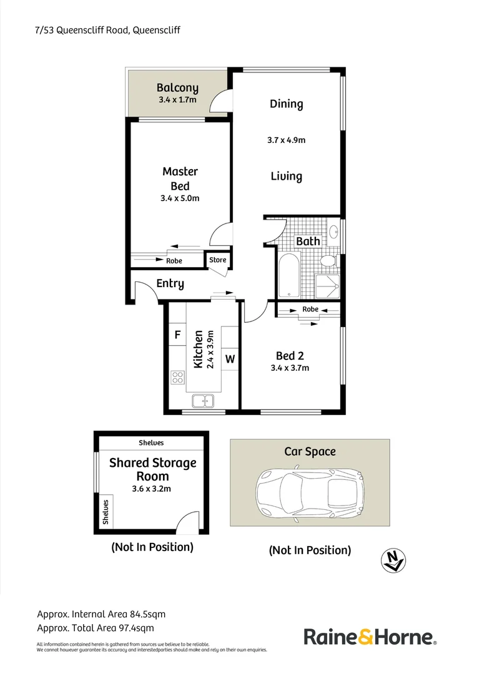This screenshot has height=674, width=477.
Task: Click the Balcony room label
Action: pyautogui.click(x=177, y=88)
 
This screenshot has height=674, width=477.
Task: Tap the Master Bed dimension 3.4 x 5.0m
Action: pyautogui.click(x=180, y=198)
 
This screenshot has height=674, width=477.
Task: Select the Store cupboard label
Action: pyautogui.click(x=217, y=260)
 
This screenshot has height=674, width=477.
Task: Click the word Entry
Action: pyautogui.click(x=170, y=284)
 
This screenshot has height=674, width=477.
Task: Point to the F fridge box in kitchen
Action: pyautogui.click(x=177, y=335)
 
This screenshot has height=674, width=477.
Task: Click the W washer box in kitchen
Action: pyautogui.click(x=230, y=359)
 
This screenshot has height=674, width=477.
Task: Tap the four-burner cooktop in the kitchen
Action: pyautogui.click(x=177, y=377)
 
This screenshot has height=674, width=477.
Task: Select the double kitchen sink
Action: pyautogui.click(x=204, y=401)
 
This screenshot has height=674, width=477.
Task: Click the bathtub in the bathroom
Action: pyautogui.click(x=288, y=276)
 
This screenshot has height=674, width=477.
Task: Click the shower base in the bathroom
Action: pyautogui.click(x=328, y=286)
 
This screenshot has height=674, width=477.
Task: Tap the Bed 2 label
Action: pyautogui.click(x=290, y=356)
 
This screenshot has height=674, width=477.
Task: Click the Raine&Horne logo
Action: pyautogui.click(x=370, y=637)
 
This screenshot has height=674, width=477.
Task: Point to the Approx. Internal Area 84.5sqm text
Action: pyautogui.click(x=101, y=614)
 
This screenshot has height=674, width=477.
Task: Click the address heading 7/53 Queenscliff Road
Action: pyautogui.click(x=108, y=30)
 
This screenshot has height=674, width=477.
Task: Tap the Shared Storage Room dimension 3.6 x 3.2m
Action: pyautogui.click(x=151, y=489)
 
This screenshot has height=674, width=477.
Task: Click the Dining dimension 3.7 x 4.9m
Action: pyautogui.click(x=286, y=140)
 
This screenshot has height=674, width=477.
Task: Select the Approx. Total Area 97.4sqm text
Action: pyautogui.click(x=96, y=628)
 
